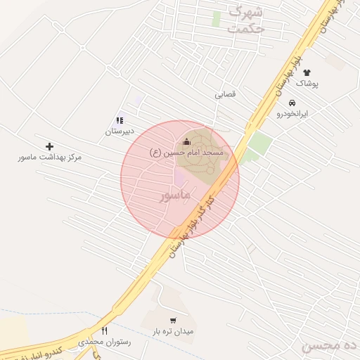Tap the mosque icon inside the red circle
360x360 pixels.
point(186,141)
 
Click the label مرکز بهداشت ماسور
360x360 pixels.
point(50,157)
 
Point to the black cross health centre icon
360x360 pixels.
point(49,146)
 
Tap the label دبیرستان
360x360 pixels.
point(119,131)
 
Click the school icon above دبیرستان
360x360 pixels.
point(120,120)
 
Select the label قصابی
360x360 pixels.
point(226,94)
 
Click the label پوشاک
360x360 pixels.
point(307,84)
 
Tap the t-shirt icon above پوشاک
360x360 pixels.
point(307,72)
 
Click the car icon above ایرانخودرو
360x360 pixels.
point(292,103)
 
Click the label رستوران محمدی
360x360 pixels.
point(105,342)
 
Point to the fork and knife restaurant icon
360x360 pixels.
point(105,330)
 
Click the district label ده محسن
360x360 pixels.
point(330,346)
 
